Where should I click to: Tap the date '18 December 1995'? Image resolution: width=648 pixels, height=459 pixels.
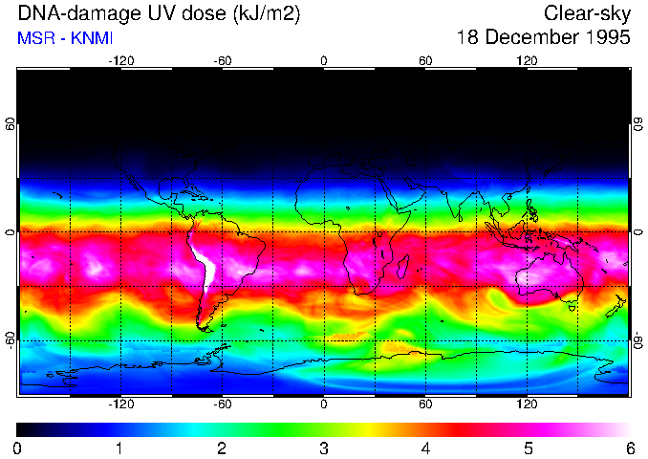544,38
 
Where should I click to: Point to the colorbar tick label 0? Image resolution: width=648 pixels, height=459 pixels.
18,448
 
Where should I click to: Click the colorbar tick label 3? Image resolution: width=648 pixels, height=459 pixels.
324,448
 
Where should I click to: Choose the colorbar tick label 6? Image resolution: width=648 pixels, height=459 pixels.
629,448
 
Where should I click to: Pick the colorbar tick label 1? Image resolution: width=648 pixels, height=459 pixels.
119,448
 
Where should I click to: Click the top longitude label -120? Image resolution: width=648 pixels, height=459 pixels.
120,60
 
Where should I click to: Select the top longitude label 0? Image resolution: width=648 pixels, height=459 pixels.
324,60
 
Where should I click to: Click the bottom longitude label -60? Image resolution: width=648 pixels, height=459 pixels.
222,404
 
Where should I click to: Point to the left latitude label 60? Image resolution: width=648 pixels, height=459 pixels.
11,129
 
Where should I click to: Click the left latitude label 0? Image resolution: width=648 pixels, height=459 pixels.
11,231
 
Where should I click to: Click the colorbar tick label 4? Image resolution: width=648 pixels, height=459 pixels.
425,448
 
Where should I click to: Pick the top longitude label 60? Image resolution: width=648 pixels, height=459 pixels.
425,60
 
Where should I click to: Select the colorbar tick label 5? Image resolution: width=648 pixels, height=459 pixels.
528,448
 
